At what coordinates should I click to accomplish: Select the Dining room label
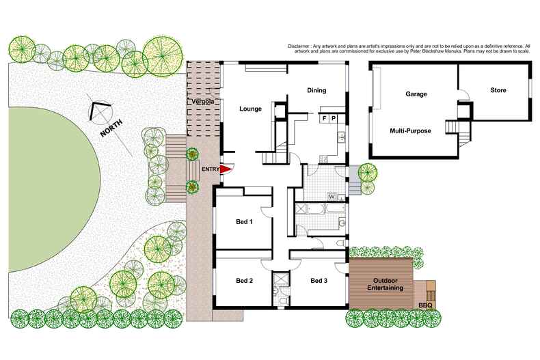[316, 90]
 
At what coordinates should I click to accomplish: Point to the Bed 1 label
[245, 222]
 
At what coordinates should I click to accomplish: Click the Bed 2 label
[245, 281]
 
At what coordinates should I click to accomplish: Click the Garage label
[416, 94]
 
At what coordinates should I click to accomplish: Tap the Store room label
[498, 90]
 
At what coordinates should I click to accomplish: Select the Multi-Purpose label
[410, 130]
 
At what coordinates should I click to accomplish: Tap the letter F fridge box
[325, 118]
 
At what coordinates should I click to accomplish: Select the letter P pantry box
[334, 118]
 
